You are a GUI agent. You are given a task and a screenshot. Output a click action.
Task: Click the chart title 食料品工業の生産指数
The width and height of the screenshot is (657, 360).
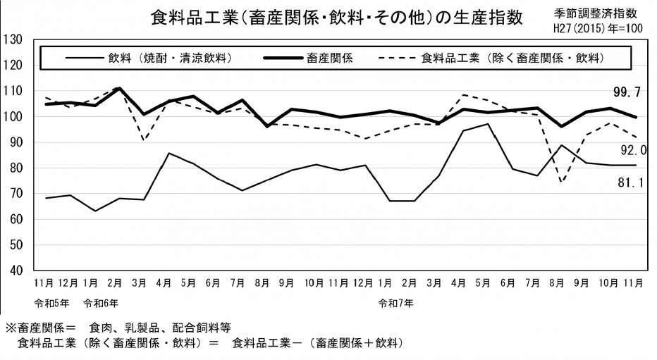pyautogui.click(x=337, y=18)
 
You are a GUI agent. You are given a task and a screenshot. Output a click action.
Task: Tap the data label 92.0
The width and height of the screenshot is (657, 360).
pyautogui.click(x=633, y=149)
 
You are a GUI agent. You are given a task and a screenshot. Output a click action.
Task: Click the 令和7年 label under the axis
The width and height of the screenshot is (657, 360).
pyautogui.click(x=395, y=304)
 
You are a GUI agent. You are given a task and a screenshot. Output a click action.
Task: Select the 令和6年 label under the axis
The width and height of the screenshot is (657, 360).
pyautogui.click(x=100, y=304)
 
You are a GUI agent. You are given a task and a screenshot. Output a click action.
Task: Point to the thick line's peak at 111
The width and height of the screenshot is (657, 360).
pyautogui.click(x=119, y=89)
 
